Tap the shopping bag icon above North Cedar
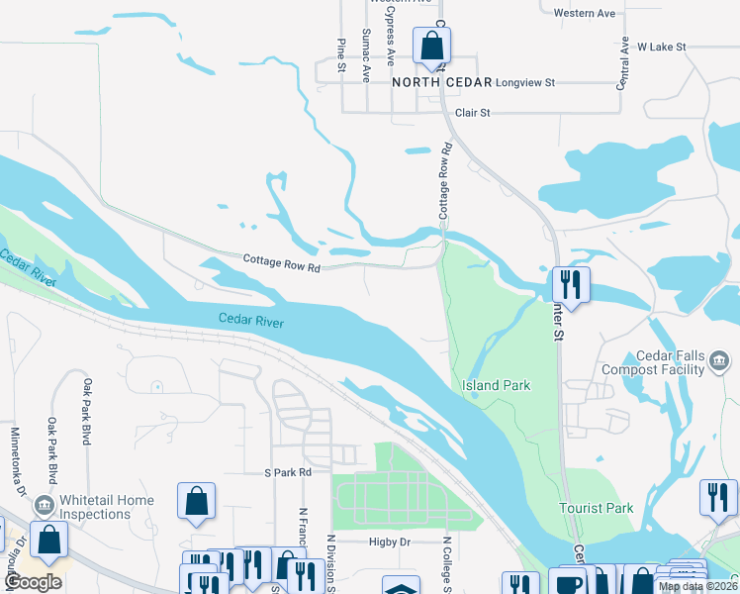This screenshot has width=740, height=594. coord(431,46)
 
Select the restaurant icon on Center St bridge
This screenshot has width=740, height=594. coord(571,285)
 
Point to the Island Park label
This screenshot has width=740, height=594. coord(497,385)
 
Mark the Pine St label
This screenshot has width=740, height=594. coord(340,55)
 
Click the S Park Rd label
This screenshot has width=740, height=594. coord(287,473)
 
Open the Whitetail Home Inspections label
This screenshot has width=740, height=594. coord(106,507)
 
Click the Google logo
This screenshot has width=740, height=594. coord(34,583)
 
